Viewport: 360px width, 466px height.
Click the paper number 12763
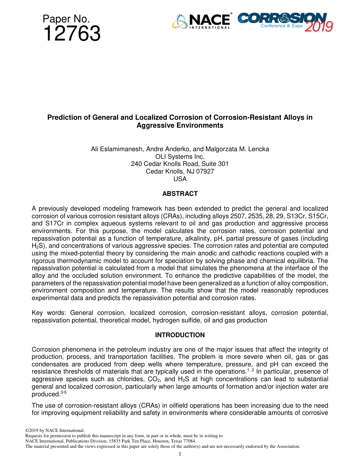pyautogui.click(x=72, y=34)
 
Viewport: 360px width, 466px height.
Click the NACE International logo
pyautogui.click(x=201, y=22)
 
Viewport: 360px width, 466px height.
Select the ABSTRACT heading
pyautogui.click(x=180, y=194)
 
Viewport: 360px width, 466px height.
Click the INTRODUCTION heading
pyautogui.click(x=180, y=335)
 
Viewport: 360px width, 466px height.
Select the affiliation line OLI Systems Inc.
pyautogui.click(x=180, y=156)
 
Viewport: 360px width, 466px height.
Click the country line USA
pyautogui.click(x=180, y=179)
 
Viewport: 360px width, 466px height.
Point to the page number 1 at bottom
pyautogui.click(x=180, y=454)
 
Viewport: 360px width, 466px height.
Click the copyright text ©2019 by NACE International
pyautogui.click(x=55, y=430)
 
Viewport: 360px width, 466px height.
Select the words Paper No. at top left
pyautogui.click(x=66, y=19)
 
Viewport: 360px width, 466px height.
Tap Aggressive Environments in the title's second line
pyautogui.click(x=180, y=125)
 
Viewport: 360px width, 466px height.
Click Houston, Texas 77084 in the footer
pyautogui.click(x=175, y=441)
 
